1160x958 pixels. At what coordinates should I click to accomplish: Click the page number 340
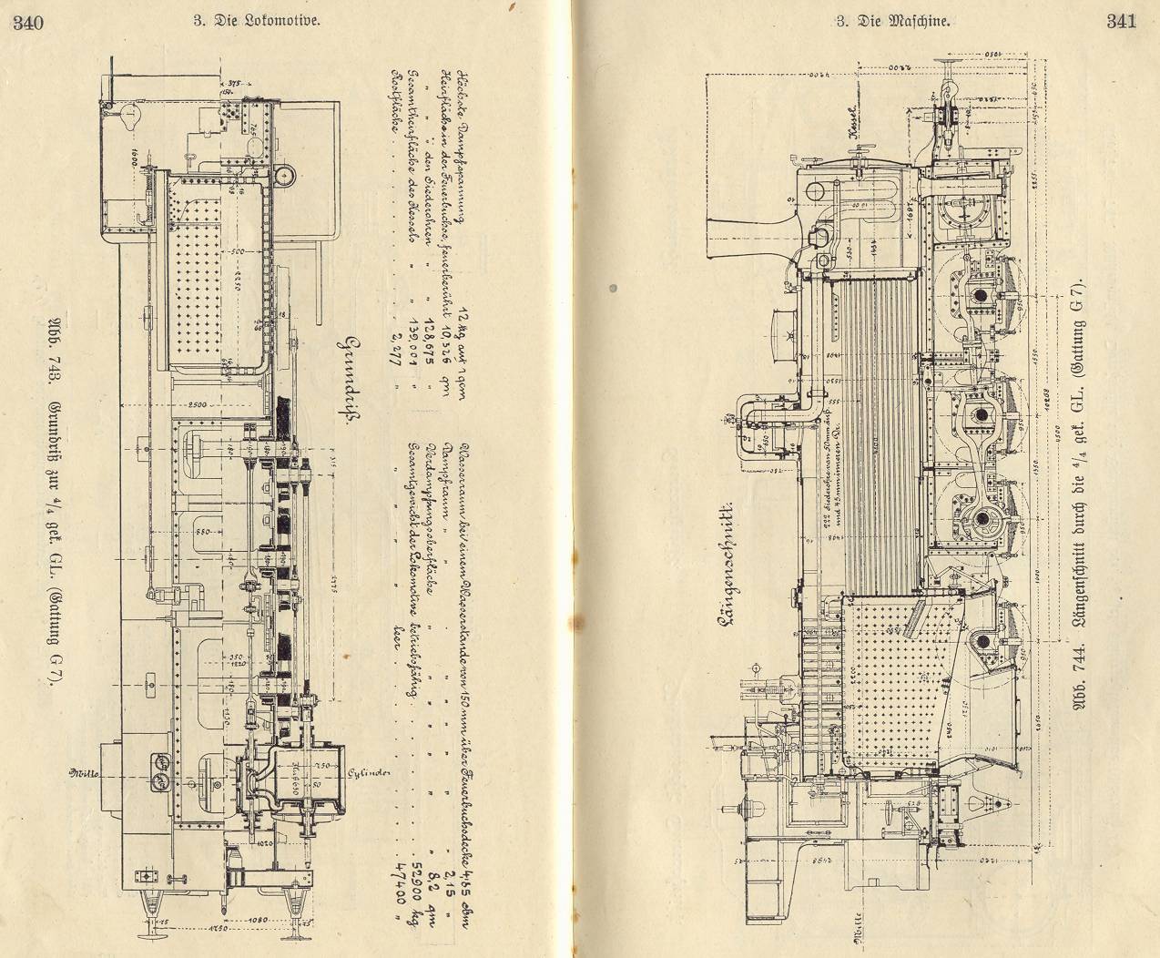28,24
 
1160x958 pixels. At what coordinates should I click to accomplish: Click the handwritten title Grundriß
349,383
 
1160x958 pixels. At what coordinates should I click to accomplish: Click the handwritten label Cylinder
370,773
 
